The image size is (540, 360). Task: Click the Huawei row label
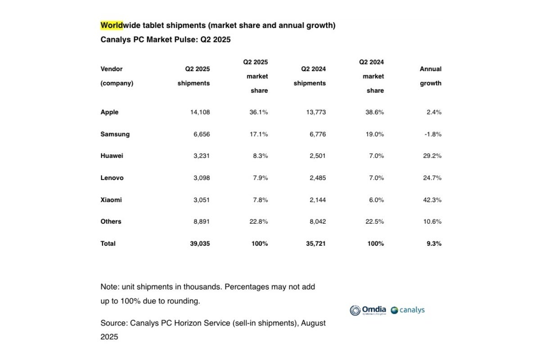coord(112,156)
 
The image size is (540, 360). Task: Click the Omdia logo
coord(368,310)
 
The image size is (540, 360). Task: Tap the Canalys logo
coord(408,310)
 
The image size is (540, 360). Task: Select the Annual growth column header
coord(431,76)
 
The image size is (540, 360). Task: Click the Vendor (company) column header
coord(117,76)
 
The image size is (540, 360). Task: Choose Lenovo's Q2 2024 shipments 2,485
coord(315,178)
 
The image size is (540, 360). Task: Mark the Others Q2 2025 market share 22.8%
coord(259,221)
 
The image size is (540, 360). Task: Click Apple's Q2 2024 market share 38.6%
coord(374,112)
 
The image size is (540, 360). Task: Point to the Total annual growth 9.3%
coord(434,243)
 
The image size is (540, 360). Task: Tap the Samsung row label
coord(115,134)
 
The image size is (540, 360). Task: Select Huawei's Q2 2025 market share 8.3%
coord(261,156)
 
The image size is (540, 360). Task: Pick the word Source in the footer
coord(113,323)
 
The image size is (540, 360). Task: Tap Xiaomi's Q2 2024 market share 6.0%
coord(376,200)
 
